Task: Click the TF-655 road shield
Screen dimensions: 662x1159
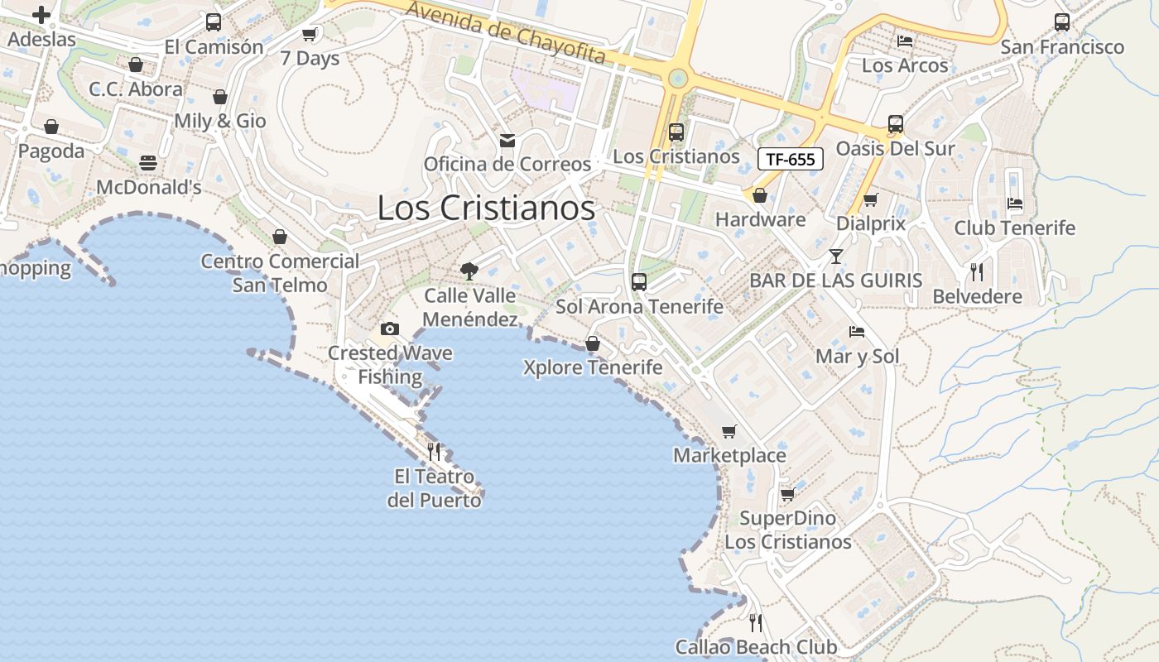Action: [x=790, y=159]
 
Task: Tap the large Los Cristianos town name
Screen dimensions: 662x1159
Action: [x=486, y=208]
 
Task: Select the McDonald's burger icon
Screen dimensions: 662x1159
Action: [x=148, y=163]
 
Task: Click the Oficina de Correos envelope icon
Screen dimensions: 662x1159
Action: [x=507, y=141]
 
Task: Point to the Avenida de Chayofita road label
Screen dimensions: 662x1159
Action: [x=507, y=34]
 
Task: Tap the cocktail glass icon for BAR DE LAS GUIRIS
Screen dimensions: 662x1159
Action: [x=836, y=257]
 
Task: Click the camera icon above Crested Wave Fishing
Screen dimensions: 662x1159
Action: [x=390, y=329]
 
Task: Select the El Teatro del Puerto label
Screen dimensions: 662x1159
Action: [x=435, y=488]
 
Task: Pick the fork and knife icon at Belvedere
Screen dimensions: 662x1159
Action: [x=977, y=271]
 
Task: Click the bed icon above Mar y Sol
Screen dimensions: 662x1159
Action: [x=857, y=332]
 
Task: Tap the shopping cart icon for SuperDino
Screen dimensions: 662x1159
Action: [x=787, y=494]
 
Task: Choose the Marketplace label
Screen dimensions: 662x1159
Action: [x=729, y=455]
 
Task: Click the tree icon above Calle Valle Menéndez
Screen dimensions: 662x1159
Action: [x=469, y=271]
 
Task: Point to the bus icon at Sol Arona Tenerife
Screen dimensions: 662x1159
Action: [x=638, y=281]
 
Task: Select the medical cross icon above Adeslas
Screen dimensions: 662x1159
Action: [x=41, y=14]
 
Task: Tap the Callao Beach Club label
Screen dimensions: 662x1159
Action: [x=756, y=647]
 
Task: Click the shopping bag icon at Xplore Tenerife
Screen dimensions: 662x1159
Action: [x=593, y=343]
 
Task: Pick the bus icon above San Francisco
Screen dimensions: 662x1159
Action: [x=1062, y=22]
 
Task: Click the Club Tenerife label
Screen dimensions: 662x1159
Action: [x=1014, y=228]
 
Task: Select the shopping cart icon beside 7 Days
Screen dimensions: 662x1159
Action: [x=310, y=35]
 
